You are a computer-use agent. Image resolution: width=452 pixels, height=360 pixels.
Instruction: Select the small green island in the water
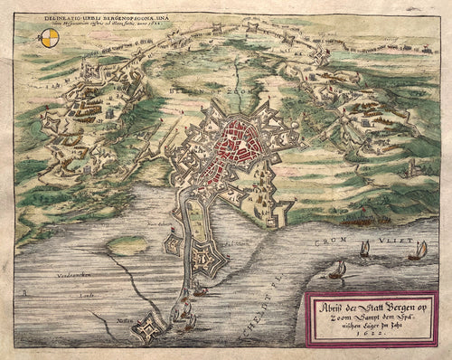[x=127, y=245]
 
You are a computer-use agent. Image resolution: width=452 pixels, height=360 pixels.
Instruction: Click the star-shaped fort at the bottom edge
[x=145, y=332]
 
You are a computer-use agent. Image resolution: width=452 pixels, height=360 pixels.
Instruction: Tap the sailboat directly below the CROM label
[x=363, y=249]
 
